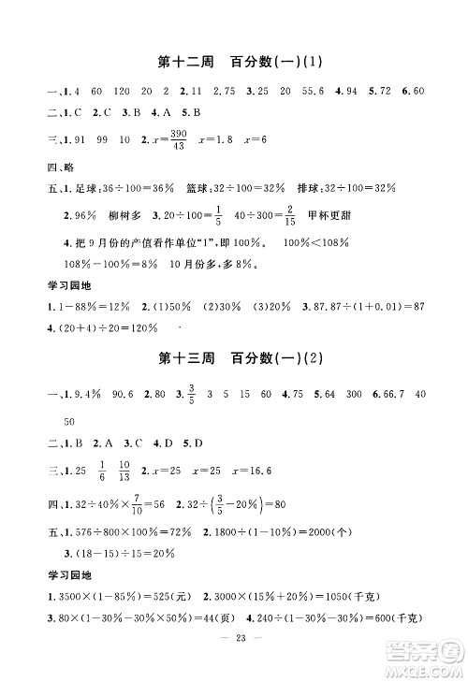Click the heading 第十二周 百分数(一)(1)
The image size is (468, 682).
(x=234, y=64)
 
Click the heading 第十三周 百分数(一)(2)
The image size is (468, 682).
(x=234, y=357)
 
